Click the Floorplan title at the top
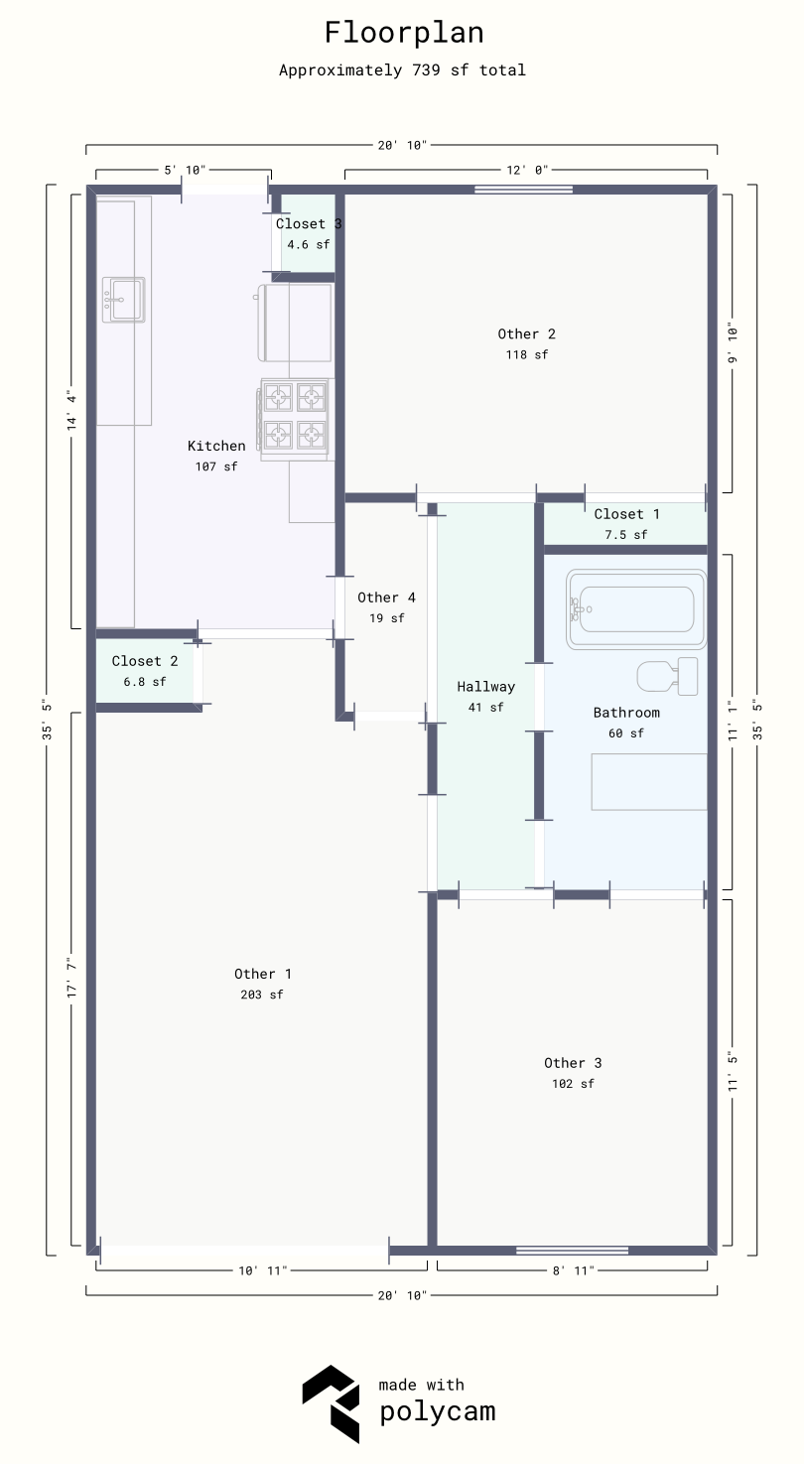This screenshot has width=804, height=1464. pyautogui.click(x=404, y=33)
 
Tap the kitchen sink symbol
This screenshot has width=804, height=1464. pyautogui.click(x=125, y=299)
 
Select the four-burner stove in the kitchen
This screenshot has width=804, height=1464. pyautogui.click(x=295, y=419)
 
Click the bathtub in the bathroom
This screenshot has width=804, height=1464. pyautogui.click(x=635, y=608)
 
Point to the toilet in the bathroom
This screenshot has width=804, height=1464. pyautogui.click(x=667, y=676)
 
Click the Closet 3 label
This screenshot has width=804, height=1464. pyautogui.click(x=308, y=224)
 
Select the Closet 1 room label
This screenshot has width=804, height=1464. pyautogui.click(x=626, y=514)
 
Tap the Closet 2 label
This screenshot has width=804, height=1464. pyautogui.click(x=145, y=661)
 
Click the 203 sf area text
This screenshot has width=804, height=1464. pyautogui.click(x=263, y=995)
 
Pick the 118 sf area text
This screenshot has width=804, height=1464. pyautogui.click(x=526, y=354)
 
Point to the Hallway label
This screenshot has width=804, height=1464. pyautogui.click(x=485, y=687)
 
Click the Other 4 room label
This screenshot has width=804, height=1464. pyautogui.click(x=386, y=598)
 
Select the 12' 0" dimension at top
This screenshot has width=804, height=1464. pyautogui.click(x=527, y=171)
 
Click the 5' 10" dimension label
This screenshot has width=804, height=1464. pyautogui.click(x=185, y=171)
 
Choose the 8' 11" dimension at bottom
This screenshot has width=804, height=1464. pyautogui.click(x=572, y=1269)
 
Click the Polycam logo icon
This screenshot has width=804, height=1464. pyautogui.click(x=331, y=1402)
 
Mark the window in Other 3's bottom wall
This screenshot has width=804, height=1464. pyautogui.click(x=572, y=1250)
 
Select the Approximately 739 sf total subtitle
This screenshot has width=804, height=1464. pyautogui.click(x=402, y=70)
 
